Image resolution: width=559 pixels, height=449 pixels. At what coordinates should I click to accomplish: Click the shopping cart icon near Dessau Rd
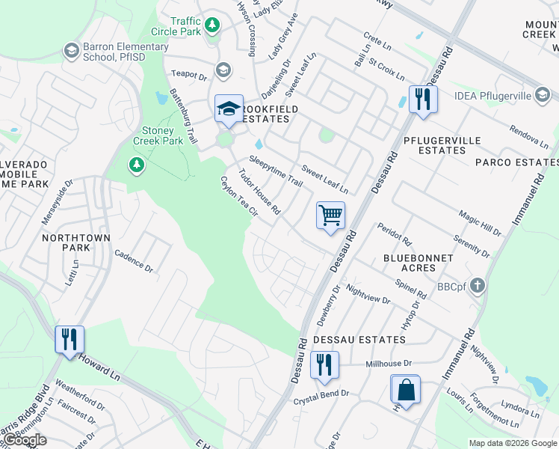point(330,216)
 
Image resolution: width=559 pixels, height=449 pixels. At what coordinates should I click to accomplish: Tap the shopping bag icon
point(405,390)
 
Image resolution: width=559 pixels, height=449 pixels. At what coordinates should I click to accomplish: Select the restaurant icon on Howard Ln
point(70,340)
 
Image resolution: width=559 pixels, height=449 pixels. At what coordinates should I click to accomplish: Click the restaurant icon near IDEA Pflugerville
point(423,100)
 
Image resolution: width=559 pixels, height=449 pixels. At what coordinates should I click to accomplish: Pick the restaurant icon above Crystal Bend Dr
point(324,366)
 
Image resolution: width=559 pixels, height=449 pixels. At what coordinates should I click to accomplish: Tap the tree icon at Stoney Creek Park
point(136,164)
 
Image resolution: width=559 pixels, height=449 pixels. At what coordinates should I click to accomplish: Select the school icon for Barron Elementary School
point(72,51)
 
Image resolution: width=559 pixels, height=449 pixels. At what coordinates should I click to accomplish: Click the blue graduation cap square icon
point(229,109)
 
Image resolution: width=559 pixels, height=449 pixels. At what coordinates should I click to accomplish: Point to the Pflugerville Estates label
point(444,144)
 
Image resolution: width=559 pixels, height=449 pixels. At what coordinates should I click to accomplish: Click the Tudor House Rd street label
point(259,191)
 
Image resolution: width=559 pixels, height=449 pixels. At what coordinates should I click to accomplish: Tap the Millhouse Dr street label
point(389,364)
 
